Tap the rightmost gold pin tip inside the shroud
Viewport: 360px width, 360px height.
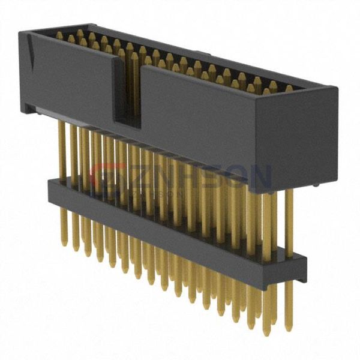click(289, 88)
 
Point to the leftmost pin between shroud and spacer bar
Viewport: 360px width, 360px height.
click(62, 150)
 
